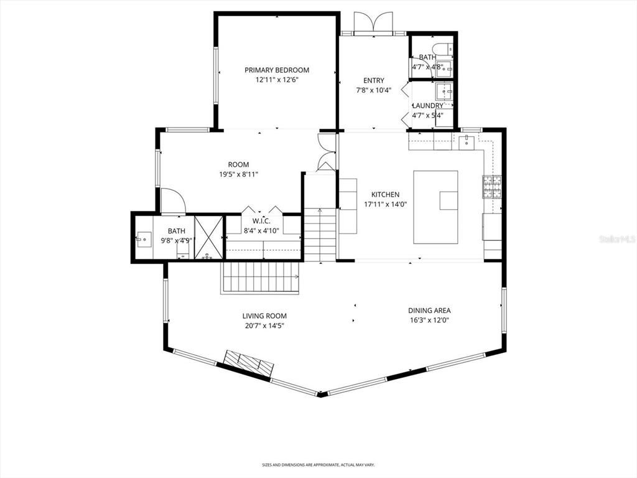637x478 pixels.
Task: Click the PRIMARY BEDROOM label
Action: (276, 70)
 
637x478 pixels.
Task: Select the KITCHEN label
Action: (385, 195)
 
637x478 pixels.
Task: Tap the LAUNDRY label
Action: (428, 106)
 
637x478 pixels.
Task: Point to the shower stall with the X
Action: (208, 237)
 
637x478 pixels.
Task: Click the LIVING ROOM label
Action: (264, 316)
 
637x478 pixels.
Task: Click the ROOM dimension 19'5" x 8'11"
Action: (238, 175)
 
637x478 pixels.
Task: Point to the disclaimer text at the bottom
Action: (318, 465)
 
